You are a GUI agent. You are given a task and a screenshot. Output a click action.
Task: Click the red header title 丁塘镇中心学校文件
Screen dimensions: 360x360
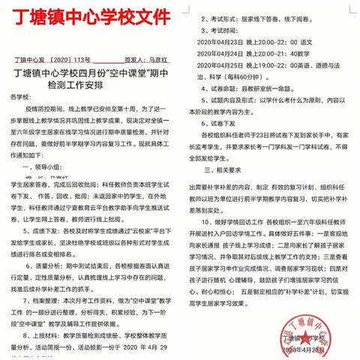(88, 16)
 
